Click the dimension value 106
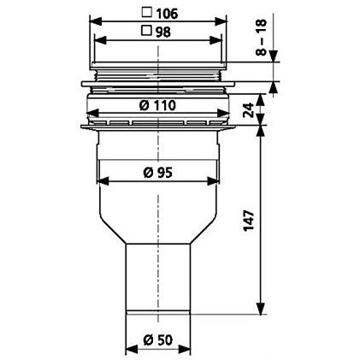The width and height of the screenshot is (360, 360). pos(167,14)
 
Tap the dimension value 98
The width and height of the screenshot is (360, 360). pos(163,32)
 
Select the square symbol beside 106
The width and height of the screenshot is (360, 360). pos(147,13)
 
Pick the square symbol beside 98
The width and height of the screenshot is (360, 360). pos(147,30)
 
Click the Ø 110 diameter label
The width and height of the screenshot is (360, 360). pos(157,105)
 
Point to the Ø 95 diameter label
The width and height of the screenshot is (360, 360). pos(157,173)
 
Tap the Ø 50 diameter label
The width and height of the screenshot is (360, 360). pos(158,340)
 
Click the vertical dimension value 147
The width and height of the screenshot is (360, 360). pos(249,221)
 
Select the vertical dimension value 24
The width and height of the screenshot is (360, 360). pos(249,110)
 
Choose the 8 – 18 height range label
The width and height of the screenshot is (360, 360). pos(262,37)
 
